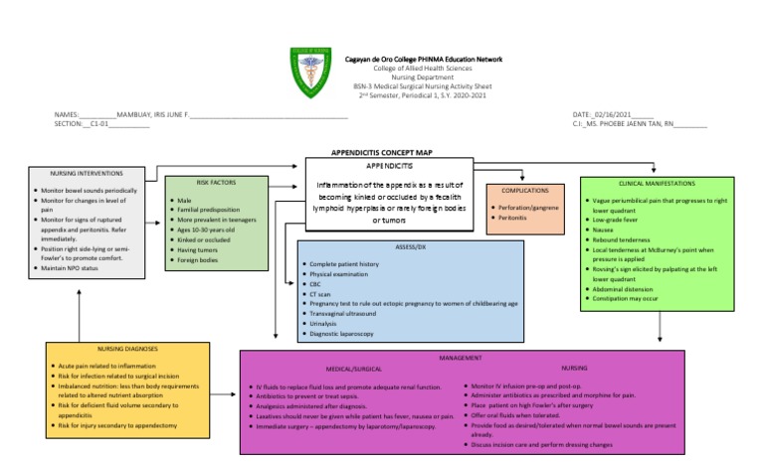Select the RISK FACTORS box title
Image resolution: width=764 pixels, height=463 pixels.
(203, 183)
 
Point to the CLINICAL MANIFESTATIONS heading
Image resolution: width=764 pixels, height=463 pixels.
(658, 184)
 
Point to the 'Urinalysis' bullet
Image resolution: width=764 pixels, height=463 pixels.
(326, 323)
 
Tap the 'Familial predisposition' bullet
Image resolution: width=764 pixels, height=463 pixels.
(210, 210)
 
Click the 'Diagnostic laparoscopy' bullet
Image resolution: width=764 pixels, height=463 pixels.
(341, 333)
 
